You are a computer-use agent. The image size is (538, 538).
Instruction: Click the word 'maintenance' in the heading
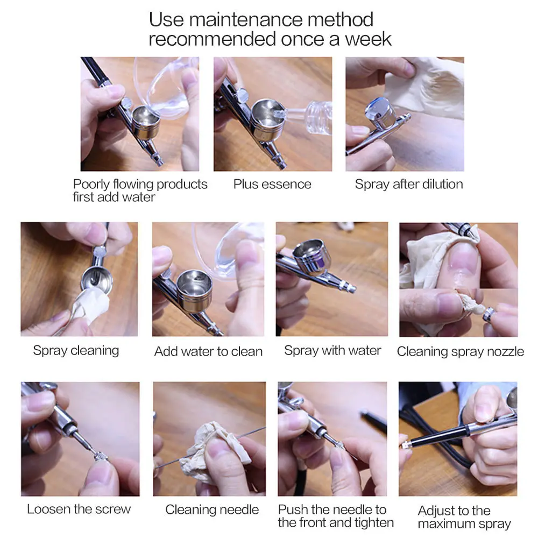[245, 19]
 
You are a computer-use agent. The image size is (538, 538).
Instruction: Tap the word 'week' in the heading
[368, 39]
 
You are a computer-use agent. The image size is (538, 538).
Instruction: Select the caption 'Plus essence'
[272, 184]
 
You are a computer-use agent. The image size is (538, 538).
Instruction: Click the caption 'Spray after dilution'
[409, 184]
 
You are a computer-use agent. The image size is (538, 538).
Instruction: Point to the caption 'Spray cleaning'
[76, 351]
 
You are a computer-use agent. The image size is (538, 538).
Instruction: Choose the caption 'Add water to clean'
[208, 351]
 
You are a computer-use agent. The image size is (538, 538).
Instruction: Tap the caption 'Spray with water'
[332, 351]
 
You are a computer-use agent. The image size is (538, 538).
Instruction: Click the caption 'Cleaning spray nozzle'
[460, 352]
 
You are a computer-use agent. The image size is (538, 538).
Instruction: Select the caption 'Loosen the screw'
[79, 509]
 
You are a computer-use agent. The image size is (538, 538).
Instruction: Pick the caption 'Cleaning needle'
[211, 510]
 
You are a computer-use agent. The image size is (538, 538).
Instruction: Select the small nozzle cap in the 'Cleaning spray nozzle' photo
[489, 314]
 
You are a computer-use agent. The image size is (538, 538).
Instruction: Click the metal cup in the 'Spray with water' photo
[312, 257]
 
